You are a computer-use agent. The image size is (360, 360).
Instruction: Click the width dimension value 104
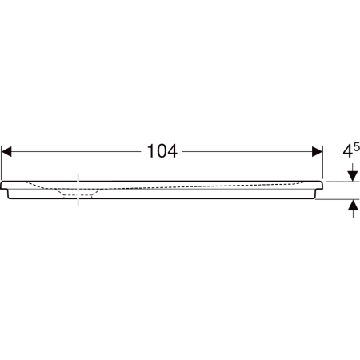pyautogui.click(x=162, y=151)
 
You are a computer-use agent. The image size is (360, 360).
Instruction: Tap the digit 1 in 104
pyautogui.click(x=150, y=151)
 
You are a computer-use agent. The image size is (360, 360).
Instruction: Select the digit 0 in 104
pyautogui.click(x=161, y=151)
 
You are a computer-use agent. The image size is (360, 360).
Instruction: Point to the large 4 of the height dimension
pyautogui.click(x=347, y=151)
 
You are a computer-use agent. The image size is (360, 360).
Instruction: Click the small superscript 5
pyautogui.click(x=357, y=146)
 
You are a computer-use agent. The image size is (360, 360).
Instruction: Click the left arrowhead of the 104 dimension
pyautogui.click(x=6, y=151)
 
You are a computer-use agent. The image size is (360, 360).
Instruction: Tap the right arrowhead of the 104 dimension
pyautogui.click(x=318, y=151)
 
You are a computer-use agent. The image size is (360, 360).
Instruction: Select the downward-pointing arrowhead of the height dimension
pyautogui.click(x=353, y=177)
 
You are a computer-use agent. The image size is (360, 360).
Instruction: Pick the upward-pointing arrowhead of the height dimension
pyautogui.click(x=353, y=205)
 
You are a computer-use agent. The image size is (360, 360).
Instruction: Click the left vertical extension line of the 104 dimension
pyautogui.click(x=2, y=162)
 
